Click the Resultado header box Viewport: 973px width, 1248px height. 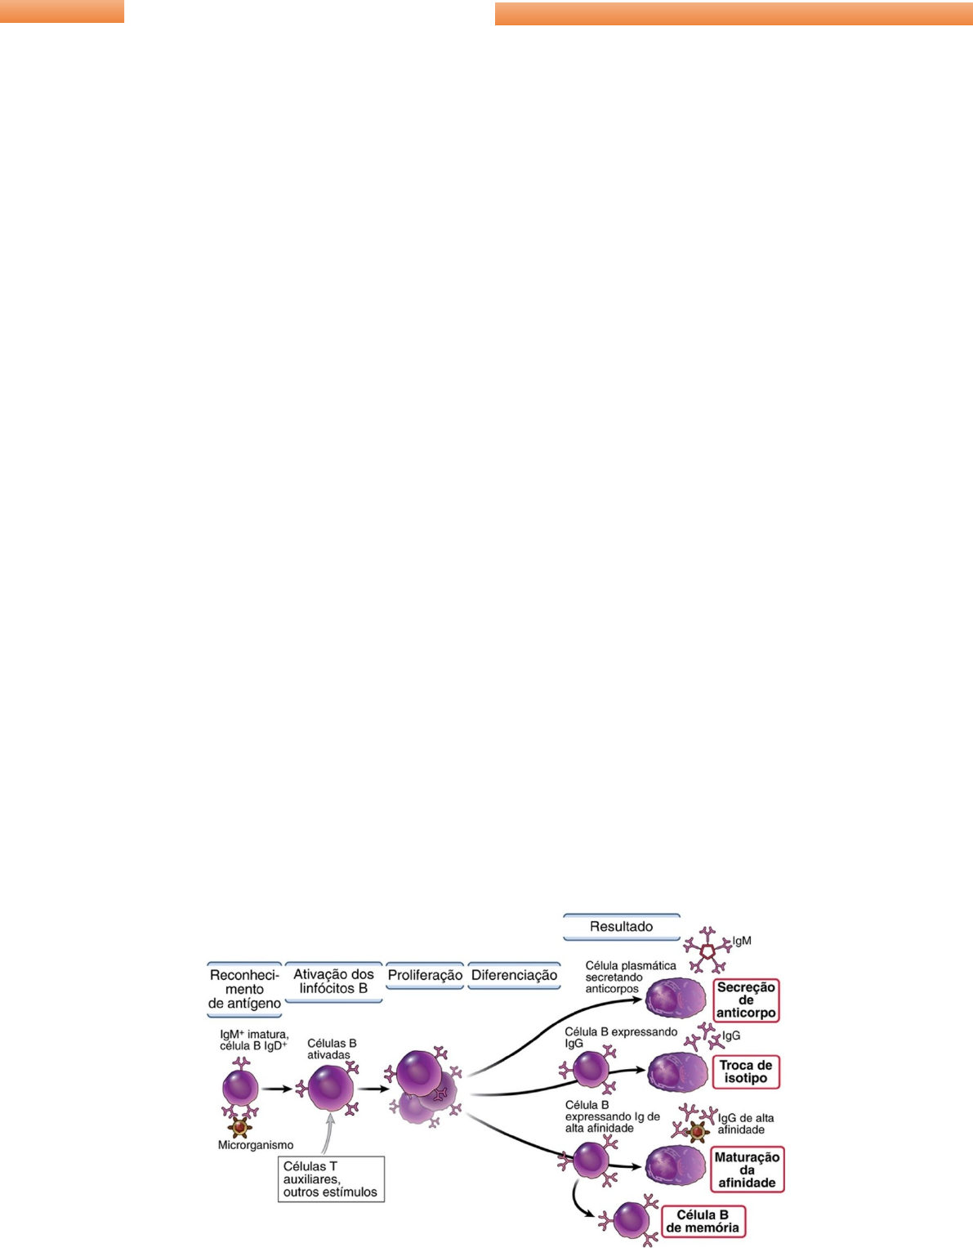(x=621, y=927)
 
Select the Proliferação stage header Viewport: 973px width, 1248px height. (x=425, y=975)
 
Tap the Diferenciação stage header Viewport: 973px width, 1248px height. (x=514, y=975)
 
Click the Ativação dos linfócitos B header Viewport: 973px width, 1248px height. (x=333, y=981)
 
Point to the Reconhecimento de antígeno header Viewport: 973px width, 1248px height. (x=244, y=989)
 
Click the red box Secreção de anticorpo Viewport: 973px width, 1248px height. (x=745, y=1000)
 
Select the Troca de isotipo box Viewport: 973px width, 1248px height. (x=745, y=1071)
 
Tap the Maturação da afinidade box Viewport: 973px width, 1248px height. (x=747, y=1170)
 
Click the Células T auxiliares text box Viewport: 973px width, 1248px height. (x=330, y=1179)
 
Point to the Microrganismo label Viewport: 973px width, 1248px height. (x=255, y=1145)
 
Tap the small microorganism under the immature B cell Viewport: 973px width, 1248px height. (x=239, y=1127)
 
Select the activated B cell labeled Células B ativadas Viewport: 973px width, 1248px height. (x=331, y=1088)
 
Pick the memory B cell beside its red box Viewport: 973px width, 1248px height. (x=631, y=1221)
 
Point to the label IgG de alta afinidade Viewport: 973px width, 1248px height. (x=745, y=1124)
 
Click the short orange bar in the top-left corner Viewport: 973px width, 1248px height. (x=62, y=11)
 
